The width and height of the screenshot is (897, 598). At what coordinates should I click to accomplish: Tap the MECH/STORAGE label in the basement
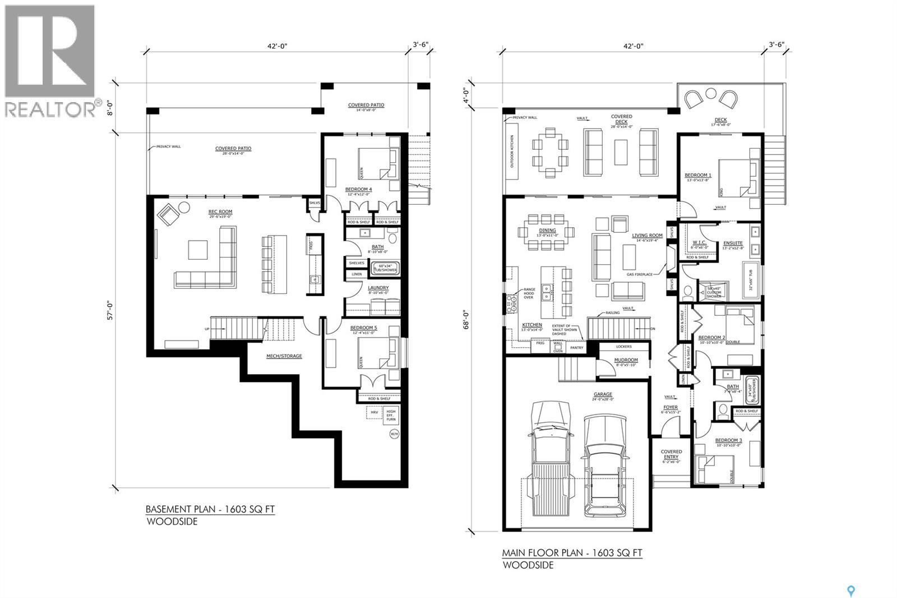coord(284,356)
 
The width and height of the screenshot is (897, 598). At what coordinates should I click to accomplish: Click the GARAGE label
coord(603,394)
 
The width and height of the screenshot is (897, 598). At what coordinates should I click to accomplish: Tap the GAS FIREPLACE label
coord(640,274)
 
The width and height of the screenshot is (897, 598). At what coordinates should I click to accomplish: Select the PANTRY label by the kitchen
coord(576,348)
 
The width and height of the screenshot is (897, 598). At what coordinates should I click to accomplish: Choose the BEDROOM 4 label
coord(359,190)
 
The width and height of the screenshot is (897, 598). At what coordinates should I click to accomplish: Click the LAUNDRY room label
coord(378,288)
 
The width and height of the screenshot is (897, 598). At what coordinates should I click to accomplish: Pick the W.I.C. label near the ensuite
coord(699,243)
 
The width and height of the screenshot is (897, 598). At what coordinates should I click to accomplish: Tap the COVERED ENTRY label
coord(671,454)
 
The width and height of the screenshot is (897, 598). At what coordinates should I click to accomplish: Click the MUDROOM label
coord(626,360)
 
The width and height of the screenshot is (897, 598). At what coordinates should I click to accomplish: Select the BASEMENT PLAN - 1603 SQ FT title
coord(210,509)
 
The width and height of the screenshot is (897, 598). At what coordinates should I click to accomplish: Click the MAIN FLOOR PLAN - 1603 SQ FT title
coord(572,553)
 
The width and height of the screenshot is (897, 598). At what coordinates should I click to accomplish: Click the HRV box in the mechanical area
coord(374,412)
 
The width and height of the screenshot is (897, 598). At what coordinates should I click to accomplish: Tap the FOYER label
coord(671,407)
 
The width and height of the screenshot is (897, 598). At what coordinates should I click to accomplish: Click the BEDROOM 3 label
coord(728,440)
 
